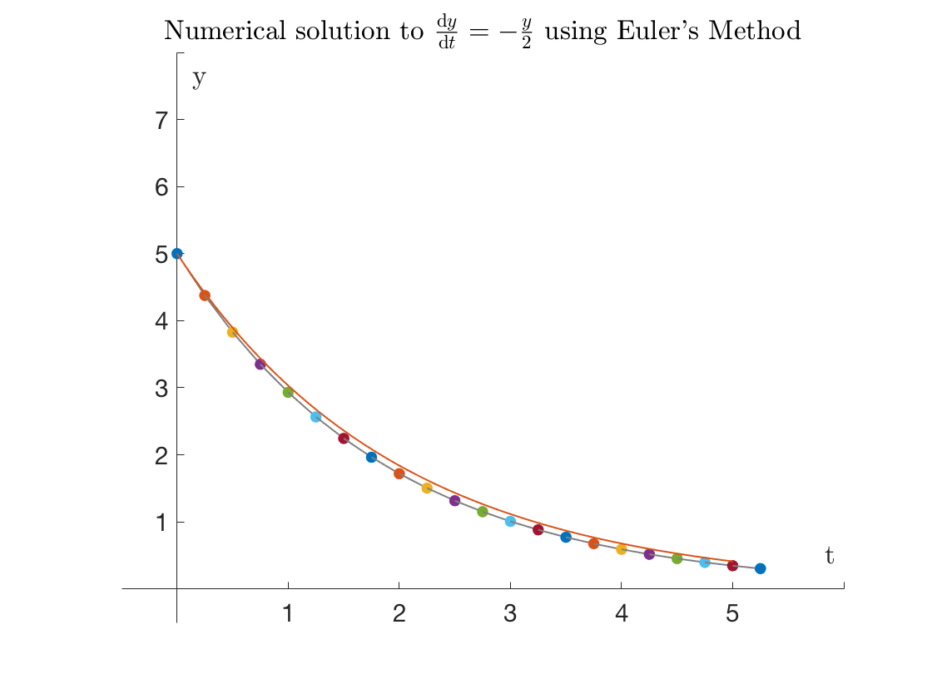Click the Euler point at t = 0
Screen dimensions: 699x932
pyautogui.click(x=176, y=253)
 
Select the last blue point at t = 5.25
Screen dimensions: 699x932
pyautogui.click(x=760, y=568)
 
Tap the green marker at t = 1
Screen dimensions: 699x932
pyautogui.click(x=288, y=392)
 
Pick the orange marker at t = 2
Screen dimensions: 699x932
pyautogui.click(x=399, y=473)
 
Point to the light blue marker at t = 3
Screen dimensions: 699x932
pyautogui.click(x=510, y=521)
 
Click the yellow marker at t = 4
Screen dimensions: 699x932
pyautogui.click(x=621, y=549)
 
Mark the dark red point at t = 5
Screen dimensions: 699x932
pyautogui.click(x=732, y=566)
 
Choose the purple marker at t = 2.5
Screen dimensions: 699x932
pyautogui.click(x=454, y=500)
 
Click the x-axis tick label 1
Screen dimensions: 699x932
pyautogui.click(x=288, y=615)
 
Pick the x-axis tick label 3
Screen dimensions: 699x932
pyautogui.click(x=510, y=615)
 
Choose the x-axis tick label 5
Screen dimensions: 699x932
pyautogui.click(x=732, y=615)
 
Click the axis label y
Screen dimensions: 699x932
pyautogui.click(x=199, y=80)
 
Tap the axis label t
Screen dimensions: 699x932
pyautogui.click(x=829, y=556)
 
